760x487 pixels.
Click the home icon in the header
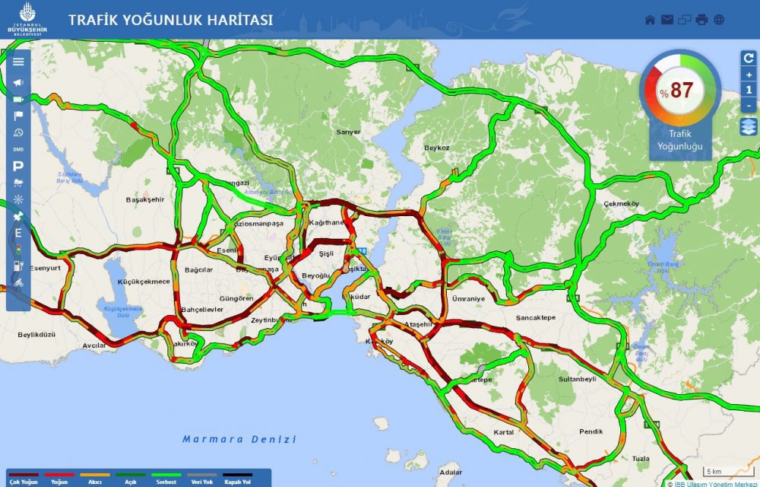pyautogui.click(x=650, y=20)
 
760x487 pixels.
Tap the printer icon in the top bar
pyautogui.click(x=701, y=20)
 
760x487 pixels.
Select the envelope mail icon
pyautogui.click(x=667, y=20)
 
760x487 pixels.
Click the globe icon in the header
pyautogui.click(x=719, y=20)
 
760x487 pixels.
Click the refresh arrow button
pyautogui.click(x=749, y=58)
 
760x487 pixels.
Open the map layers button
pyautogui.click(x=749, y=127)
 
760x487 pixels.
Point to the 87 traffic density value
pyautogui.click(x=681, y=91)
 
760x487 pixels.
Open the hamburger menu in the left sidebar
pyautogui.click(x=18, y=62)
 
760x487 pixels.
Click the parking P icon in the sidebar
pyautogui.click(x=18, y=166)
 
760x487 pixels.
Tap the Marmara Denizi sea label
pyautogui.click(x=239, y=439)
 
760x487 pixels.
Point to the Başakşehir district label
pyautogui.click(x=144, y=199)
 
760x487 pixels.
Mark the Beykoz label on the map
pyautogui.click(x=437, y=148)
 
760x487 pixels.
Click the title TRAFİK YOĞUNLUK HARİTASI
pyautogui.click(x=170, y=21)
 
